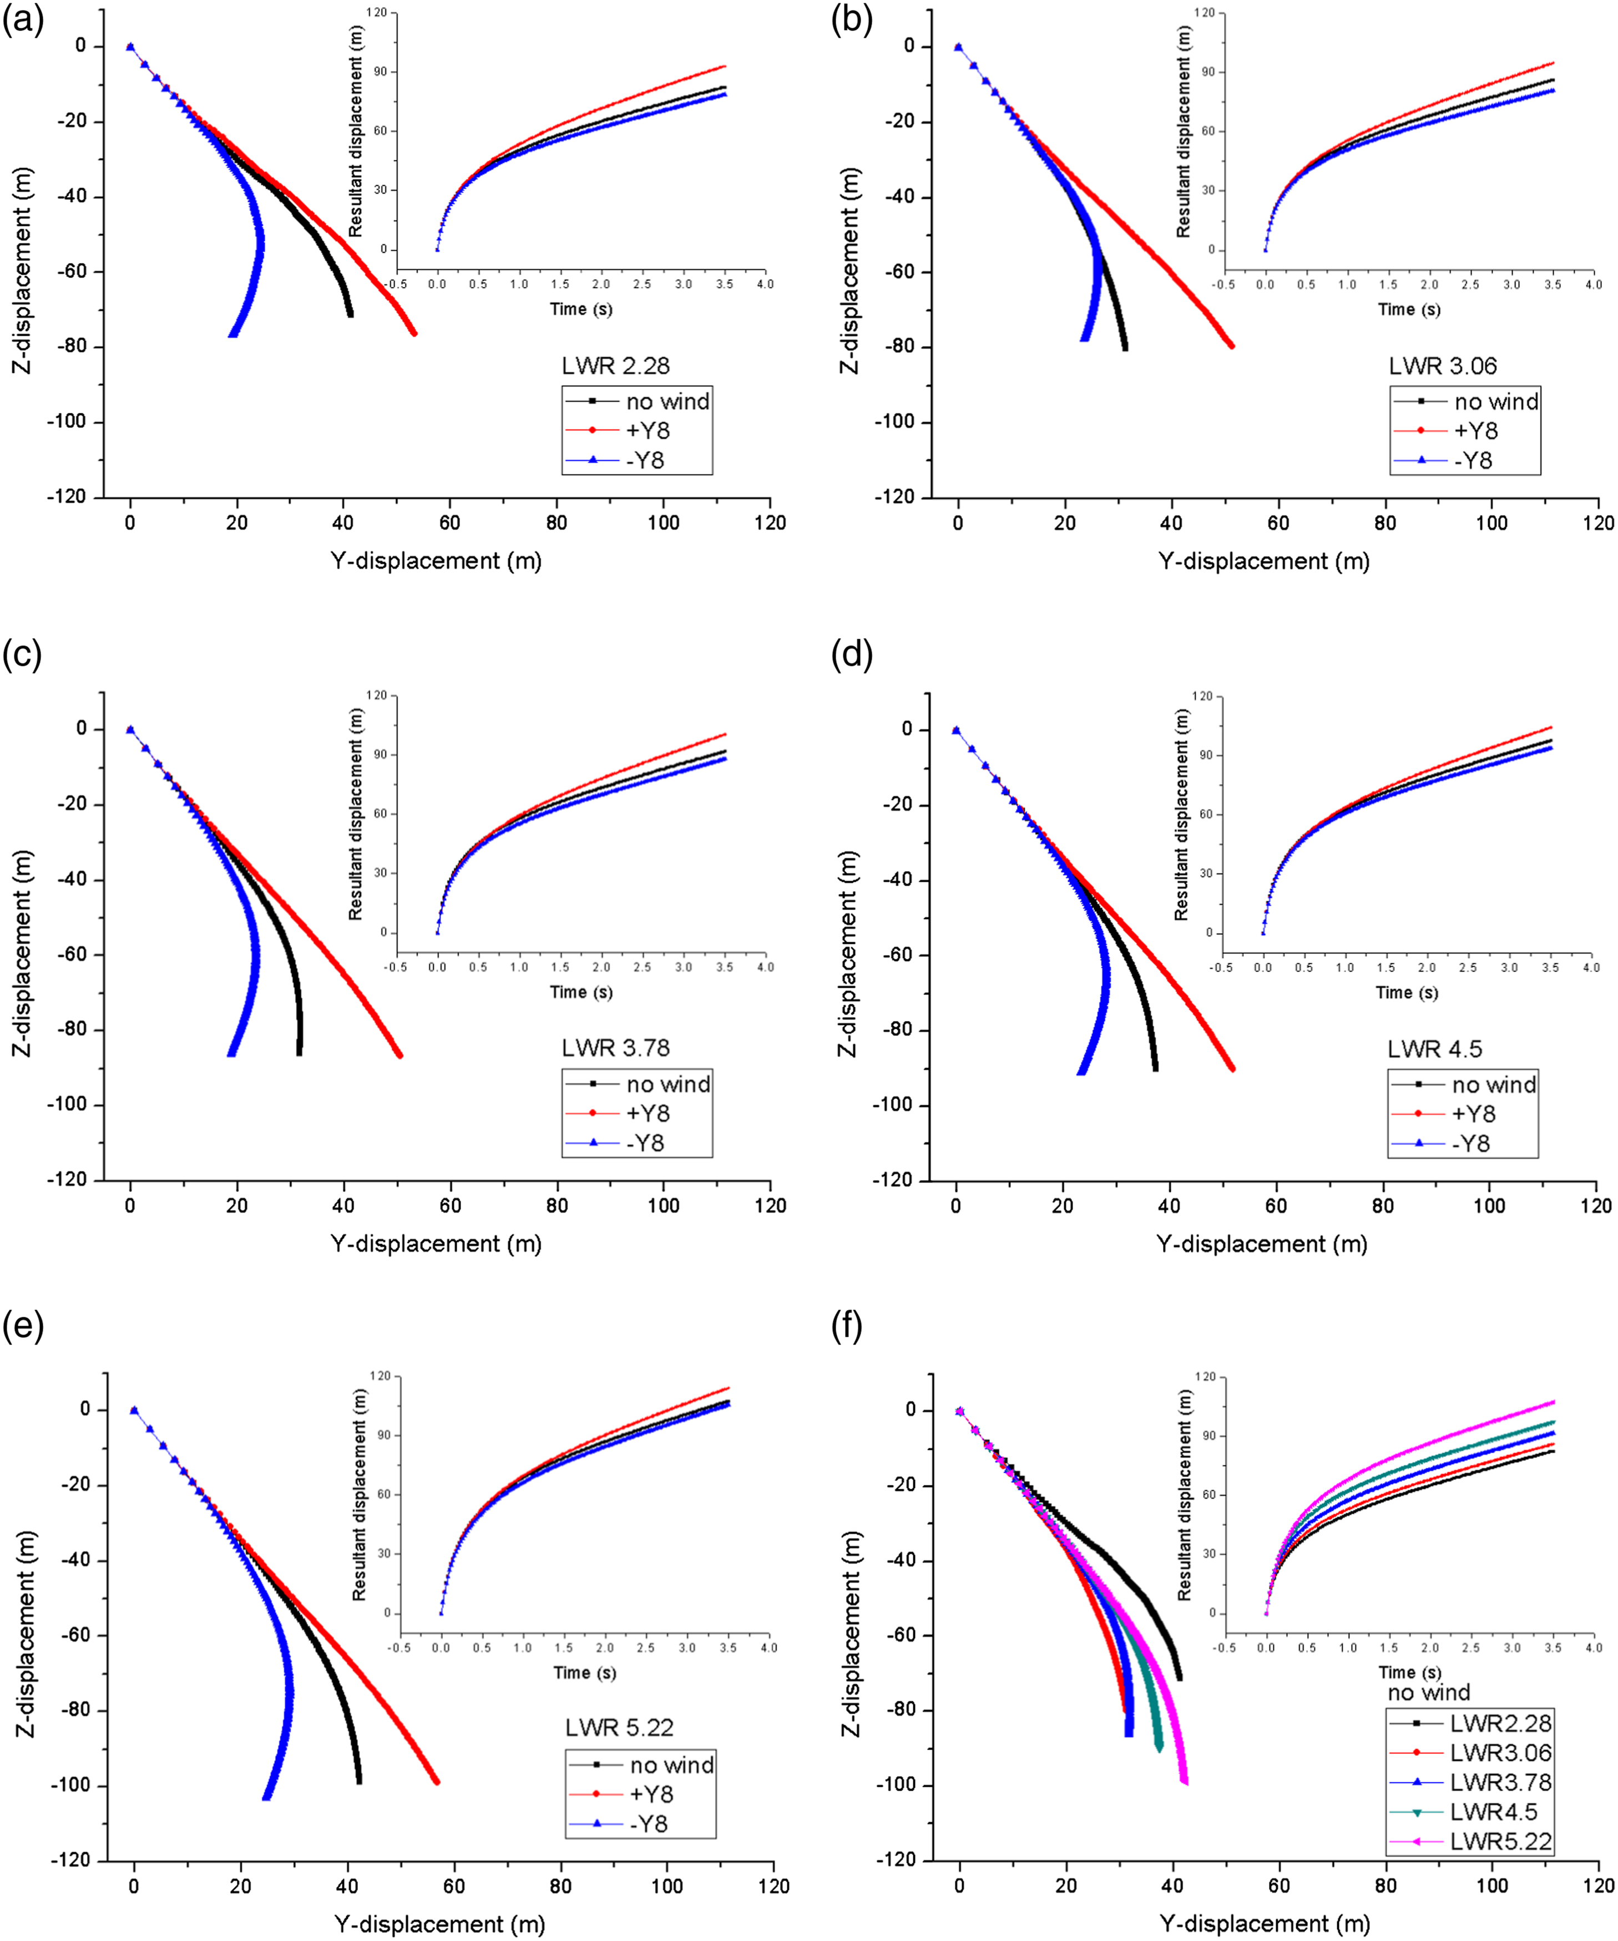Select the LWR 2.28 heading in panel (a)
click(x=615, y=366)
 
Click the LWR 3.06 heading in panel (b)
click(x=1443, y=366)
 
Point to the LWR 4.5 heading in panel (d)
click(x=1434, y=1049)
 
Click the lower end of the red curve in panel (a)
click(x=414, y=333)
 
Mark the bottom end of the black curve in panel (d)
click(x=1155, y=1069)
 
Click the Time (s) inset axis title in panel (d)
click(x=1407, y=993)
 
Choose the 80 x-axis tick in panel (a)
click(x=557, y=523)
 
